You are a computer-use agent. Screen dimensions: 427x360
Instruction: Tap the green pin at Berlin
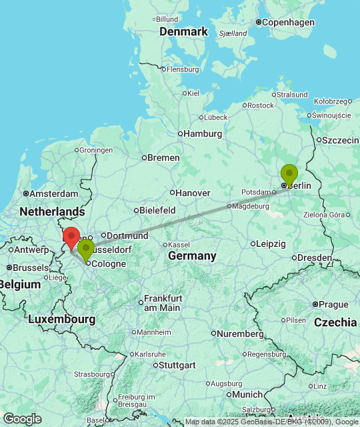[x=289, y=173]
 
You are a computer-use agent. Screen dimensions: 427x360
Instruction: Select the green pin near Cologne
[x=85, y=249]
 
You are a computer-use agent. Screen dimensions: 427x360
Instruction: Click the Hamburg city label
[x=203, y=133]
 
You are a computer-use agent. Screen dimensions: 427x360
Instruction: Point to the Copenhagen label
[x=288, y=23]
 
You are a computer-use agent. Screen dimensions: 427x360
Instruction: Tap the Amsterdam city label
[x=54, y=193]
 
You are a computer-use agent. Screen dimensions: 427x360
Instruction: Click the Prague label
[x=333, y=304]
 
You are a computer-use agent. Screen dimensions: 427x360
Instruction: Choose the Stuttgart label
[x=177, y=365]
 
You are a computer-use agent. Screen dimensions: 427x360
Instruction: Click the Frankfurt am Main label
[x=162, y=303]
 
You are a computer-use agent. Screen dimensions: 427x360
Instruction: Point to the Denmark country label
[x=184, y=32]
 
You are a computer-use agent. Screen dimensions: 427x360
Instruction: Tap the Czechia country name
[x=335, y=322]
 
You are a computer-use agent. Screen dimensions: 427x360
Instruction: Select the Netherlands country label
[x=52, y=211]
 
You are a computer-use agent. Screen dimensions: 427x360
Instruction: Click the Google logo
[x=22, y=419]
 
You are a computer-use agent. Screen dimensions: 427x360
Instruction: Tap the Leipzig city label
[x=270, y=244]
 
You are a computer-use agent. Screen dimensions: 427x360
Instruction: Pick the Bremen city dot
[x=143, y=158]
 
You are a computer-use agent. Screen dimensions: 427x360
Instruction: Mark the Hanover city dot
[x=172, y=193]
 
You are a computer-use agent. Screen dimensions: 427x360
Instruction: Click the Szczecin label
[x=340, y=140]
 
